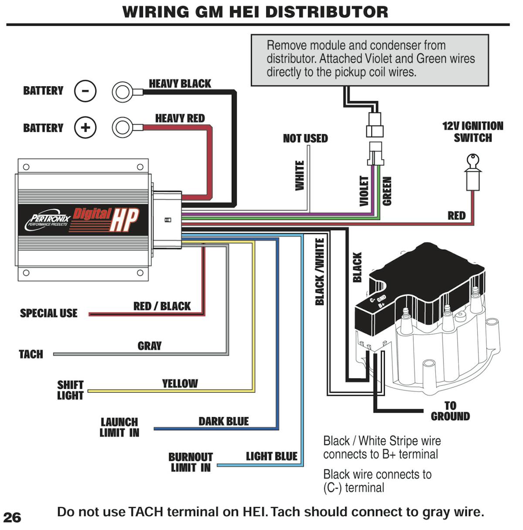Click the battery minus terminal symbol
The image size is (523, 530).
85,91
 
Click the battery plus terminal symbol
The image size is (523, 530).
85,128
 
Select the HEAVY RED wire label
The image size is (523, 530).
180,119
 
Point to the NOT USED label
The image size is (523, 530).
305,139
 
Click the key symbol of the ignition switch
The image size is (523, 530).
473,161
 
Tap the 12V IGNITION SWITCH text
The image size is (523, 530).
473,132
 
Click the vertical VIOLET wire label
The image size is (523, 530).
364,190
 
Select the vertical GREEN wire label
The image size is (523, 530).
387,190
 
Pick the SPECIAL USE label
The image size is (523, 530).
48,313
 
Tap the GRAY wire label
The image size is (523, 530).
149,346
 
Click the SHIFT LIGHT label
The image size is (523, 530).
70,390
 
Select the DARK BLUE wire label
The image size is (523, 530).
224,421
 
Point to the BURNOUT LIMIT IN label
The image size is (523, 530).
190,462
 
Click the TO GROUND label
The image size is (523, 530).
450,411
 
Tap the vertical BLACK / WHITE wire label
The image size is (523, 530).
320,272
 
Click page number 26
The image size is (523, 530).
12,517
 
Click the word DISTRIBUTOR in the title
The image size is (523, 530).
326,12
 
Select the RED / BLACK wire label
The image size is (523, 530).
162,306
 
